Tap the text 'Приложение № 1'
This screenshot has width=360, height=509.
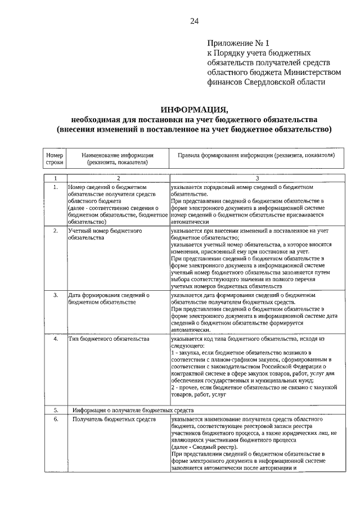[x=238, y=43]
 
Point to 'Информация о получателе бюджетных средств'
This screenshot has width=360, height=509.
[x=133, y=410]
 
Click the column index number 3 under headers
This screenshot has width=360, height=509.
[x=256, y=178]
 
